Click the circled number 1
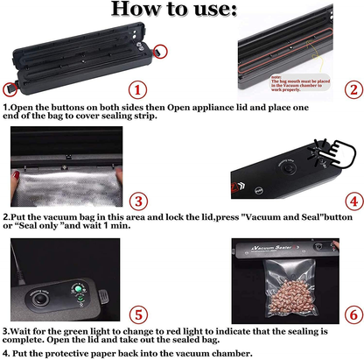(x=136, y=88)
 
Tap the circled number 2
(x=350, y=89)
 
